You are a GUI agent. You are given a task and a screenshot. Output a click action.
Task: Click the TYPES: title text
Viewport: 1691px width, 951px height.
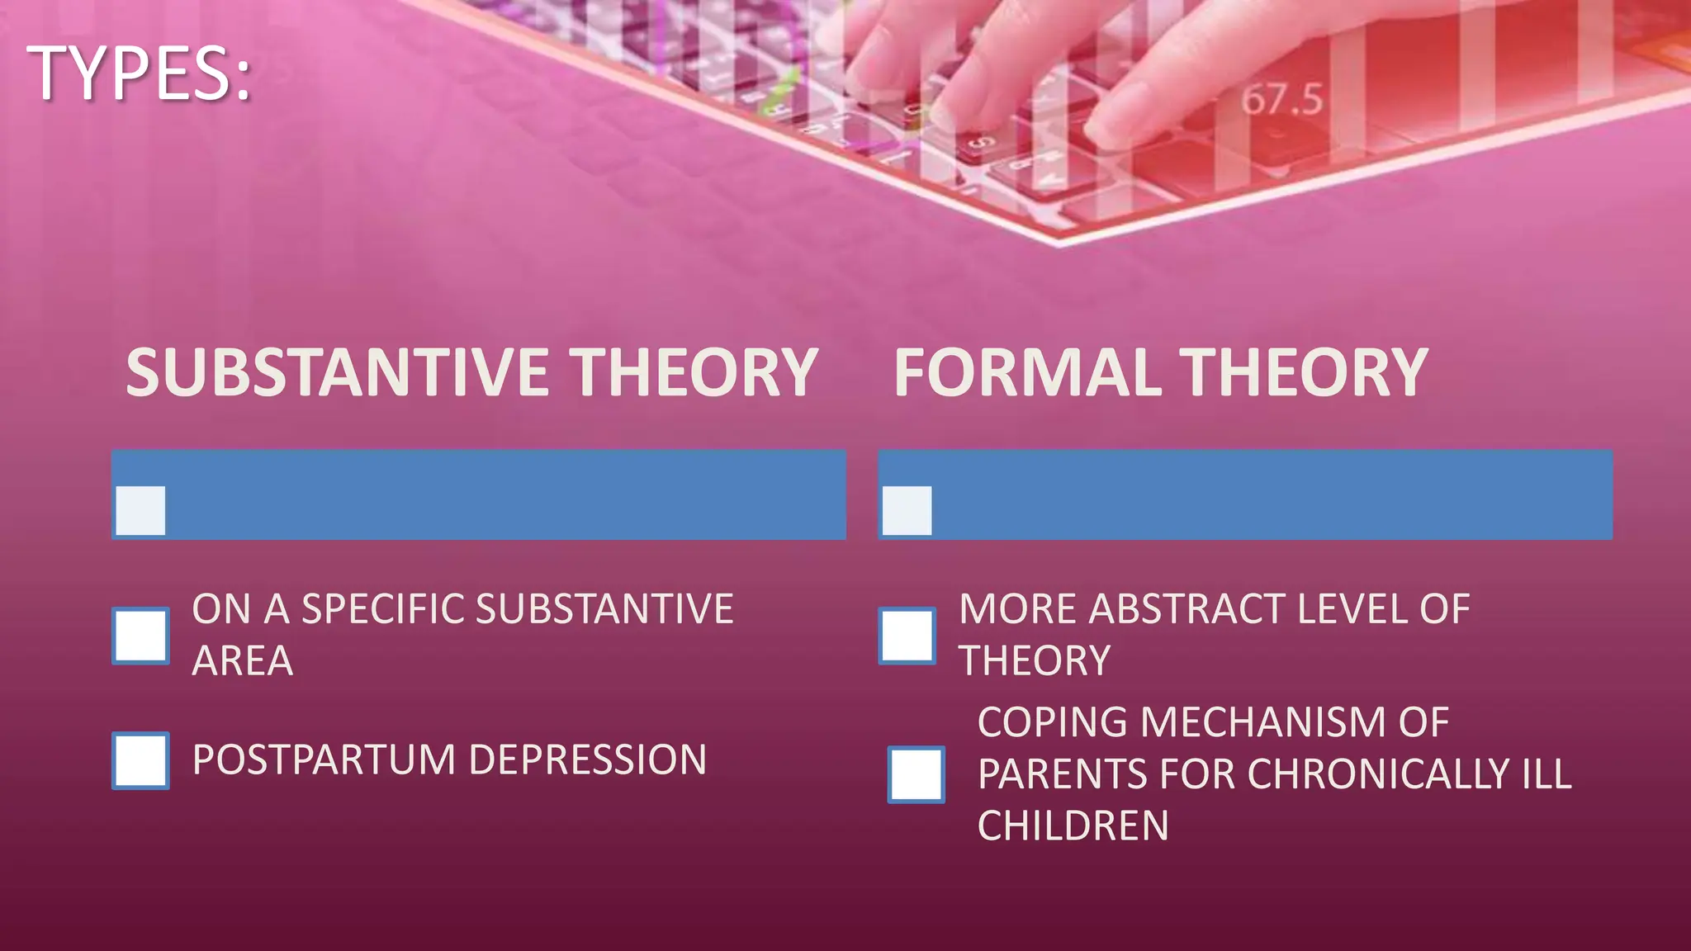pos(139,74)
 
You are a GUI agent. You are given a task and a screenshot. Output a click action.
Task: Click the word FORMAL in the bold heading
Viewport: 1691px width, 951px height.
pos(1029,373)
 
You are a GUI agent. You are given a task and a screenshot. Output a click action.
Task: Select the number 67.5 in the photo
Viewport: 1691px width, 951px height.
pos(1281,100)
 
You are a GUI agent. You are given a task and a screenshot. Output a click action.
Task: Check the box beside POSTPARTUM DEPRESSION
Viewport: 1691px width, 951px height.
pos(141,760)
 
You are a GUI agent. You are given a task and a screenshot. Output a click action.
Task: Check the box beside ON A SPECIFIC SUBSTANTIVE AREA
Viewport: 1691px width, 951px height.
pos(141,636)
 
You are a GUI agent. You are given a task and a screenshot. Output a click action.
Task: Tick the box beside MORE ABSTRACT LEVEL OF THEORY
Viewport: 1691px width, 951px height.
pos(907,636)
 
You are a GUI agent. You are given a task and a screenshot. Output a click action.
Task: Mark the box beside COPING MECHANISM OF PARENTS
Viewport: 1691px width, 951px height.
pos(917,774)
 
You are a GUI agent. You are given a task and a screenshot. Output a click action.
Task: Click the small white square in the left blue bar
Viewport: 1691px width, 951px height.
pos(141,510)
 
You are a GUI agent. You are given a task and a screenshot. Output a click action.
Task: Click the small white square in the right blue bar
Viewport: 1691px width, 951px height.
pos(907,510)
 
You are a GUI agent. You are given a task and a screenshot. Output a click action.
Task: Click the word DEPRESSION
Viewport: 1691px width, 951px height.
pos(587,760)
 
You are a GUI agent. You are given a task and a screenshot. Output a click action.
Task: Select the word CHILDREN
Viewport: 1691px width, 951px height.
pos(1073,826)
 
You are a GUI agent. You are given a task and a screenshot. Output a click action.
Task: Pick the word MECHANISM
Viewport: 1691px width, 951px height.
pos(1263,723)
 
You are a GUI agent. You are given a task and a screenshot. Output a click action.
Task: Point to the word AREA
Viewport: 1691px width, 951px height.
pos(242,661)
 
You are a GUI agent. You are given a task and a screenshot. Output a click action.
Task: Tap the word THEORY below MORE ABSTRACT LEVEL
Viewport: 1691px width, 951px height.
pos(1034,661)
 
